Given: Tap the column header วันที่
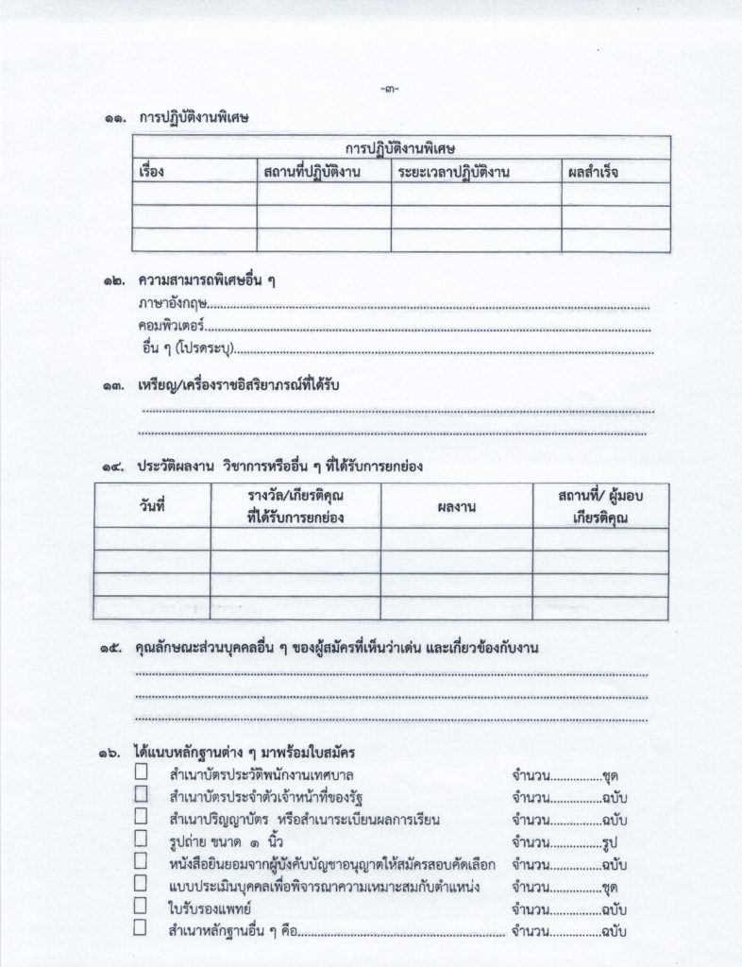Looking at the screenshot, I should click(x=151, y=507).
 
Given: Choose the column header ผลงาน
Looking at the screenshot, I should click(x=456, y=507).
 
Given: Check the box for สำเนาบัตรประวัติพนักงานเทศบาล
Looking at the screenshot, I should click(x=142, y=772).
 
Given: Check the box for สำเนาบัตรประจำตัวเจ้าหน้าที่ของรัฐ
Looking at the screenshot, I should click(x=142, y=794).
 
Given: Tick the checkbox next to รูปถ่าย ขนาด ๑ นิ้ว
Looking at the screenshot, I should click(x=142, y=838).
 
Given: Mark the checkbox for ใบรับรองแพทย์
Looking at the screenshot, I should click(x=142, y=906).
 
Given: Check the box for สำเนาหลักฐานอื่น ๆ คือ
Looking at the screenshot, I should click(x=142, y=928).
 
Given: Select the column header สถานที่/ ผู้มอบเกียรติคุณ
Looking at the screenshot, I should click(x=600, y=507).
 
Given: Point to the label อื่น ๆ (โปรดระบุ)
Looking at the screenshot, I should click(x=185, y=350).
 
